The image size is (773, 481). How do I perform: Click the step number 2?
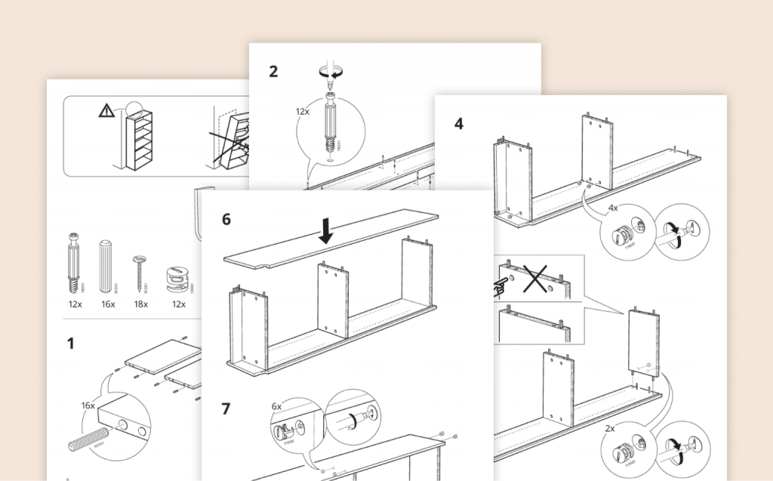[x=273, y=72]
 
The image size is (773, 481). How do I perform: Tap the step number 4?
[x=459, y=123]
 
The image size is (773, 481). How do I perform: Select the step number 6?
[x=226, y=220]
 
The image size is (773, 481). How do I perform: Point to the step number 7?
[x=226, y=409]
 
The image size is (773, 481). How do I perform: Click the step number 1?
[x=70, y=344]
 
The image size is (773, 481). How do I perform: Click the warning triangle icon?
[x=106, y=111]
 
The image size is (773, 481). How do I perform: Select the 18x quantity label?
[x=141, y=304]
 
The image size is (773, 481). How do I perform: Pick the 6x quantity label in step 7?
[x=276, y=406]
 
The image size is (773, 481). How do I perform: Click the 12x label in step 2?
[x=303, y=111]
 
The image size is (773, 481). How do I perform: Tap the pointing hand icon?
[x=500, y=285]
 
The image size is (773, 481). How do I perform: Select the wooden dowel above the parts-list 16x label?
[x=106, y=267]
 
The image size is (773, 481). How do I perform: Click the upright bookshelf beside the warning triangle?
[x=140, y=140]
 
